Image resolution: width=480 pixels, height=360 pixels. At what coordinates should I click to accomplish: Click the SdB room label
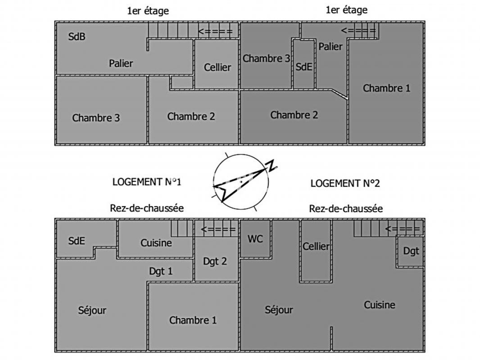point(77,37)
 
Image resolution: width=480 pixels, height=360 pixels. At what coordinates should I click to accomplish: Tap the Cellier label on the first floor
point(217,67)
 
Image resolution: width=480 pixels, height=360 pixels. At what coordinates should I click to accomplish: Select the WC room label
point(255,239)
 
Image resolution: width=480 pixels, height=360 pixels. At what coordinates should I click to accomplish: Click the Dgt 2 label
point(215,261)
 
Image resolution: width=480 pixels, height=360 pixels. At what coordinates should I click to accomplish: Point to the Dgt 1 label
point(161,271)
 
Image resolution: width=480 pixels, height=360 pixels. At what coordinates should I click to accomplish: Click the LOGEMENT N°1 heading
point(146,182)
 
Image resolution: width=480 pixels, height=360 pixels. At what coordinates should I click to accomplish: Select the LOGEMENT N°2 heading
point(345,183)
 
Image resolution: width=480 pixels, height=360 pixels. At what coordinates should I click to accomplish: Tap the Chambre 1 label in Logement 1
point(193,320)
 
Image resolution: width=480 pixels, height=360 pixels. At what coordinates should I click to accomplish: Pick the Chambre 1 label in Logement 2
point(386,88)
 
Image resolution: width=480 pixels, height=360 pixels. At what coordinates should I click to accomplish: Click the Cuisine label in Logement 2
point(380,305)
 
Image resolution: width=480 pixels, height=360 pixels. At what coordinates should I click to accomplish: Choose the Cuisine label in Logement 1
point(156,243)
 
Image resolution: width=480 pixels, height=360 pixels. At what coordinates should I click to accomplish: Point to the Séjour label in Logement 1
point(92,310)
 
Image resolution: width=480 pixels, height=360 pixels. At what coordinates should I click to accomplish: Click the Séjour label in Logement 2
point(279,310)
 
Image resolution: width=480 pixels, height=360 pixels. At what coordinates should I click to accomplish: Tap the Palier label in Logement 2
point(331,46)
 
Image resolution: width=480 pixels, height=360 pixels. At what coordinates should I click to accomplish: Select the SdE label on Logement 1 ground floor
point(77,241)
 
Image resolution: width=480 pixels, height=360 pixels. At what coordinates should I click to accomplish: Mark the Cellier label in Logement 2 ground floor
point(316,247)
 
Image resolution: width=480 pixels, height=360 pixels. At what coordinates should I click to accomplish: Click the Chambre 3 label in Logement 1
point(96,118)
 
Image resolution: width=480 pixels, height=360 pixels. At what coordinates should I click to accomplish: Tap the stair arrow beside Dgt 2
point(218,229)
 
